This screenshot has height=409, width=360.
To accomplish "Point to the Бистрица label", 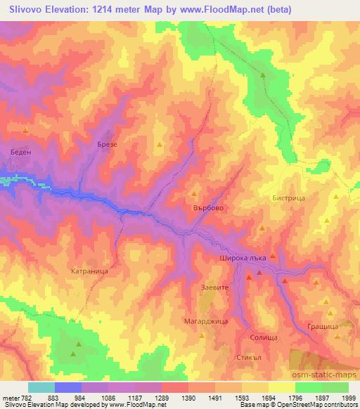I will tap(288, 199).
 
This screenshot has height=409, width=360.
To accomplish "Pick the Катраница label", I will tap(89, 268).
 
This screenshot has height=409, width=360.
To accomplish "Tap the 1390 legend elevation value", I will tap(188, 398).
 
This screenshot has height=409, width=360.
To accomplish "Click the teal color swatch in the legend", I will tap(41, 387).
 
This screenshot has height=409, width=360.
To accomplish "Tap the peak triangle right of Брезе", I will tap(159, 145).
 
